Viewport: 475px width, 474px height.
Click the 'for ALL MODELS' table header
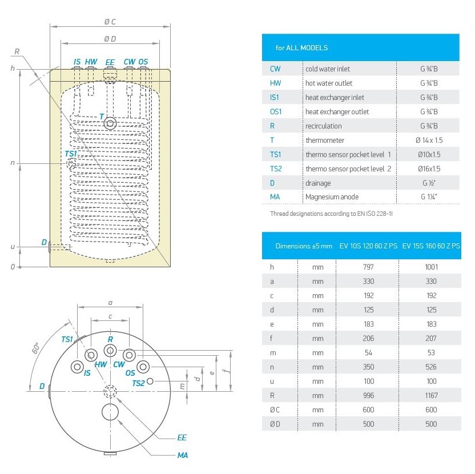(301, 48)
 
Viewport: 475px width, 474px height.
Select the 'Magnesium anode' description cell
(332, 197)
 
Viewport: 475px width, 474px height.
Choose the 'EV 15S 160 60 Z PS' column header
(431, 246)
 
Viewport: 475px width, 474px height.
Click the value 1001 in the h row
(431, 267)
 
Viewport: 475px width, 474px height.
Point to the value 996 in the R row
(368, 395)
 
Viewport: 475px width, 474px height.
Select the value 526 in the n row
(431, 367)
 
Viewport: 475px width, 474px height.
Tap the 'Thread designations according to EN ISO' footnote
(331, 213)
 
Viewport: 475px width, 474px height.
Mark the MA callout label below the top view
(182, 455)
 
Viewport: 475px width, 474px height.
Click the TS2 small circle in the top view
(150, 381)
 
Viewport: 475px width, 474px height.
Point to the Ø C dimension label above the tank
(110, 22)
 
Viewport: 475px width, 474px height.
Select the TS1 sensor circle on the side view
(71, 164)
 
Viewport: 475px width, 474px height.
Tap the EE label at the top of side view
(110, 62)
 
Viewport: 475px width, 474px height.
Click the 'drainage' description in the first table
(318, 183)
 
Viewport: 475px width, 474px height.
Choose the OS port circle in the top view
(143, 366)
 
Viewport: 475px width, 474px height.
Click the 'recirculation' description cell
(324, 126)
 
